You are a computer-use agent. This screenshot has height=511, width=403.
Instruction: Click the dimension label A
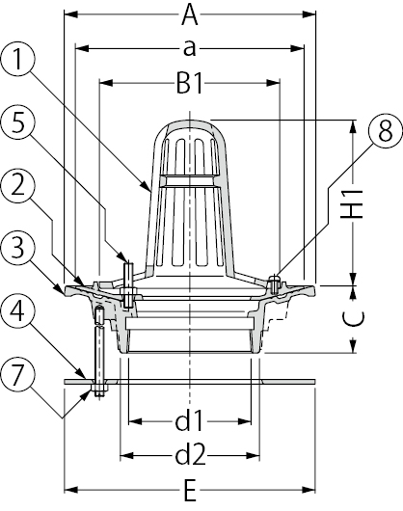click(x=190, y=15)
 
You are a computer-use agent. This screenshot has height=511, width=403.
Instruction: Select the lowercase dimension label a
click(x=190, y=49)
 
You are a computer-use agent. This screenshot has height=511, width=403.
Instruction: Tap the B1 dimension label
click(x=190, y=84)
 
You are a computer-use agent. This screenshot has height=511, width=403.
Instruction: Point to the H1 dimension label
click(x=352, y=203)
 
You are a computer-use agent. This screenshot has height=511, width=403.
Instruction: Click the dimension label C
click(x=353, y=318)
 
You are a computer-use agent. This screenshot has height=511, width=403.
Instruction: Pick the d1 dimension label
click(x=189, y=420)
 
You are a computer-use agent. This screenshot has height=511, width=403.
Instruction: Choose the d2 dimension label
click(x=191, y=455)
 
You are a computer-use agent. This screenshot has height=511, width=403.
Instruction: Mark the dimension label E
click(x=190, y=491)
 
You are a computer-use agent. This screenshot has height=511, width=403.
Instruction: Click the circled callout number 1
click(x=17, y=60)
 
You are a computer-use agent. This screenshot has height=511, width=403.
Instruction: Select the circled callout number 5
click(x=17, y=122)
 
